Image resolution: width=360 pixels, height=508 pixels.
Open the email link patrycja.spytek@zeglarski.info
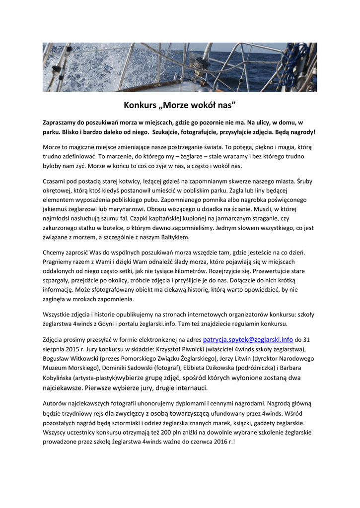click(x=248, y=340)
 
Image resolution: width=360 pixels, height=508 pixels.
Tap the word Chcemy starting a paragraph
click(x=56, y=253)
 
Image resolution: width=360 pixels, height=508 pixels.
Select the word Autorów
click(x=56, y=404)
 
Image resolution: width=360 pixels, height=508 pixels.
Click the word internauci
click(x=191, y=387)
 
